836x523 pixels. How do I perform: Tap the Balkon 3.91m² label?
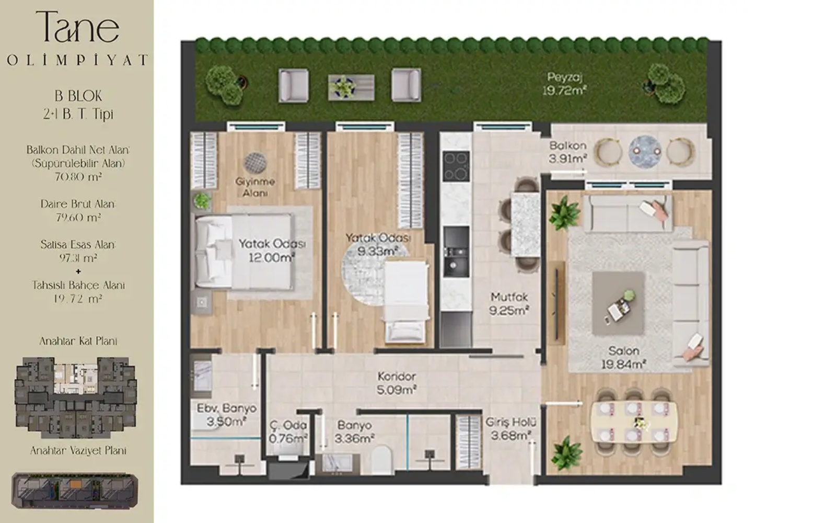(x=567, y=152)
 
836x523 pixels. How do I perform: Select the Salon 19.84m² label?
(x=624, y=357)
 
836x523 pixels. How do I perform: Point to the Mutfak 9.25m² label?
(x=509, y=304)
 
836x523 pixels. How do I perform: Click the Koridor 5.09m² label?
(x=397, y=383)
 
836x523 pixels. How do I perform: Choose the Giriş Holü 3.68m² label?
(x=511, y=429)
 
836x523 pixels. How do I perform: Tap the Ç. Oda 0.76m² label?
(x=288, y=431)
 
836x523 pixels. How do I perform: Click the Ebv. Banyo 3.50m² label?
(x=227, y=415)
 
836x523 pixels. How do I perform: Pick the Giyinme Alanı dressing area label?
(x=256, y=187)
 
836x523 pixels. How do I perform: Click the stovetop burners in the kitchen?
(x=456, y=166)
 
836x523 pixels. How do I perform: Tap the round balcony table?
(x=645, y=151)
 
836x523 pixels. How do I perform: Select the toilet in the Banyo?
(x=382, y=460)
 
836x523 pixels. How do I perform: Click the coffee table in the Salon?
(x=618, y=303)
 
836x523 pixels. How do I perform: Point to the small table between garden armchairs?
(x=351, y=87)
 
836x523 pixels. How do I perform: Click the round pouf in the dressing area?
(x=256, y=163)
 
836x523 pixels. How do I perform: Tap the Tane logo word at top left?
(x=78, y=27)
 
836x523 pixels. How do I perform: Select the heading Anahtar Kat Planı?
(x=78, y=341)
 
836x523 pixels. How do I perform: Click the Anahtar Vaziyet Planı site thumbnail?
(x=75, y=491)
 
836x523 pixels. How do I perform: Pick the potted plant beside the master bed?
(x=202, y=201)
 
